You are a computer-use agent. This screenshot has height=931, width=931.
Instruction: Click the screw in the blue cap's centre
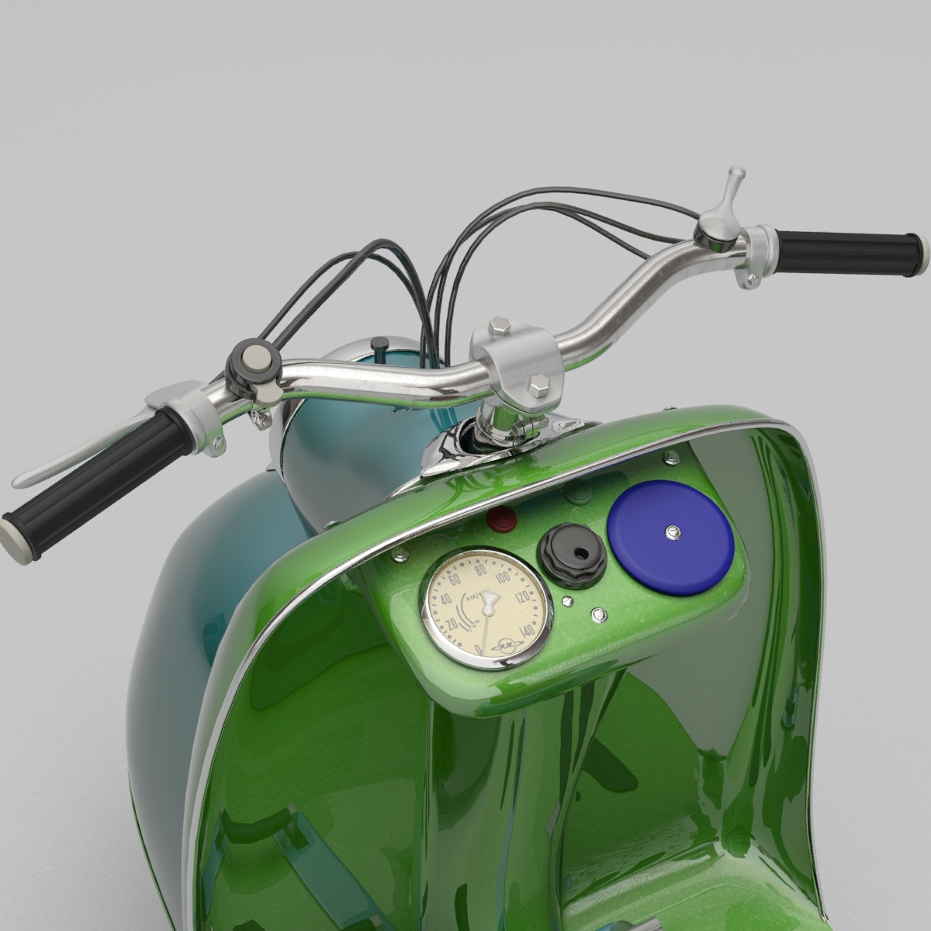[x=672, y=532]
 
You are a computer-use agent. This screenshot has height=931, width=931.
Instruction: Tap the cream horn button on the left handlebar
[x=254, y=358]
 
